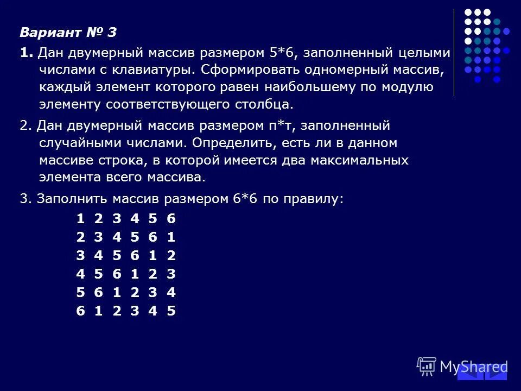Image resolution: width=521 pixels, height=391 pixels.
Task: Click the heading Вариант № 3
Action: tap(68, 33)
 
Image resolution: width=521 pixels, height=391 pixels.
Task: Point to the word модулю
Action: tap(405, 87)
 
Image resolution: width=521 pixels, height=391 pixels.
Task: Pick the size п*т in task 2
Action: tap(281, 126)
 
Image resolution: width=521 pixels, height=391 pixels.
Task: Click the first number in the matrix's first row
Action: tap(80, 219)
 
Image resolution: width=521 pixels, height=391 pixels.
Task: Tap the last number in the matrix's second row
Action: tap(171, 237)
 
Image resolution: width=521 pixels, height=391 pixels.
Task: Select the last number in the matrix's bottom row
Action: tap(171, 311)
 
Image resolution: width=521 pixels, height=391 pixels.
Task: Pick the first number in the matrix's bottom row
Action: tap(80, 311)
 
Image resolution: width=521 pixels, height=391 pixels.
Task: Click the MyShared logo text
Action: tap(473, 367)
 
